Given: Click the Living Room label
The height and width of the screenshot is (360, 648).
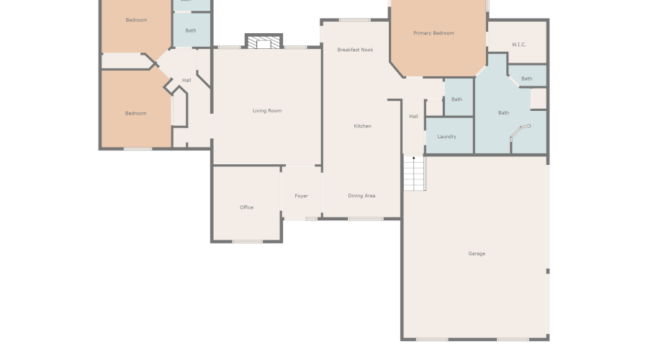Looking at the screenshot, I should click(x=266, y=111).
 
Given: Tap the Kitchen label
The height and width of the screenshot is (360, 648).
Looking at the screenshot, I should click(x=362, y=126).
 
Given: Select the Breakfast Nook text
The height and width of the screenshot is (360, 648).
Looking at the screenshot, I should click(x=355, y=50).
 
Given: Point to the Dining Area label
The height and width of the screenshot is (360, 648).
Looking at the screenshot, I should click(x=361, y=196).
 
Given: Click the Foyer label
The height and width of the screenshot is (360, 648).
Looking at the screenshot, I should click(x=301, y=196).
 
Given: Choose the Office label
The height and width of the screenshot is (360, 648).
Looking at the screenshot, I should click(x=246, y=207).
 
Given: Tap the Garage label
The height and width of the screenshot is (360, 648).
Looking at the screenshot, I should click(x=477, y=253).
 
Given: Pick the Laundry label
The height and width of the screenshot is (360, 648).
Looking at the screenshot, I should click(x=446, y=136).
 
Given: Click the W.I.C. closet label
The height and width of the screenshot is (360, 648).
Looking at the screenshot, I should click(x=519, y=45).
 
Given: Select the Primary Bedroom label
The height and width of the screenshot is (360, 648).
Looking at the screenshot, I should click(x=433, y=33).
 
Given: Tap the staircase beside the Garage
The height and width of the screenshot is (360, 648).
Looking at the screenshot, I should click(x=414, y=174).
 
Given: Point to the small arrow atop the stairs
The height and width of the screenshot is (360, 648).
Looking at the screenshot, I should click(x=413, y=158).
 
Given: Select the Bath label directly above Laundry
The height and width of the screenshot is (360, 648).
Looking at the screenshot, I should click(x=456, y=99).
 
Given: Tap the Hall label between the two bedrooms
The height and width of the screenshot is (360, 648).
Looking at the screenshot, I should click(x=186, y=80).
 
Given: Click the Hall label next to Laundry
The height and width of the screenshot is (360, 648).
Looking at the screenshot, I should click(x=413, y=117).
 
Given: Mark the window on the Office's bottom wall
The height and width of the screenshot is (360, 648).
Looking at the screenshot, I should click(x=247, y=241).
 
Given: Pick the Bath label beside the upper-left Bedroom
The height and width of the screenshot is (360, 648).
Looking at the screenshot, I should click(x=190, y=30).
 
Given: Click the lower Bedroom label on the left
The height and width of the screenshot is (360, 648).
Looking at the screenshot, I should click(x=135, y=113).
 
